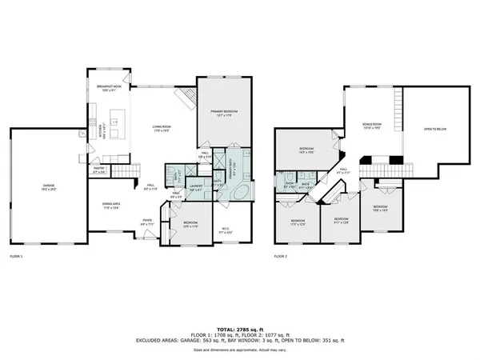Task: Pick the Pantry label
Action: (99, 170)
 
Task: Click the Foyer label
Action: (147, 224)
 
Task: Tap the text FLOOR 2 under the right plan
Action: (280, 257)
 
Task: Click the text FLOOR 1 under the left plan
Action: (16, 257)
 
